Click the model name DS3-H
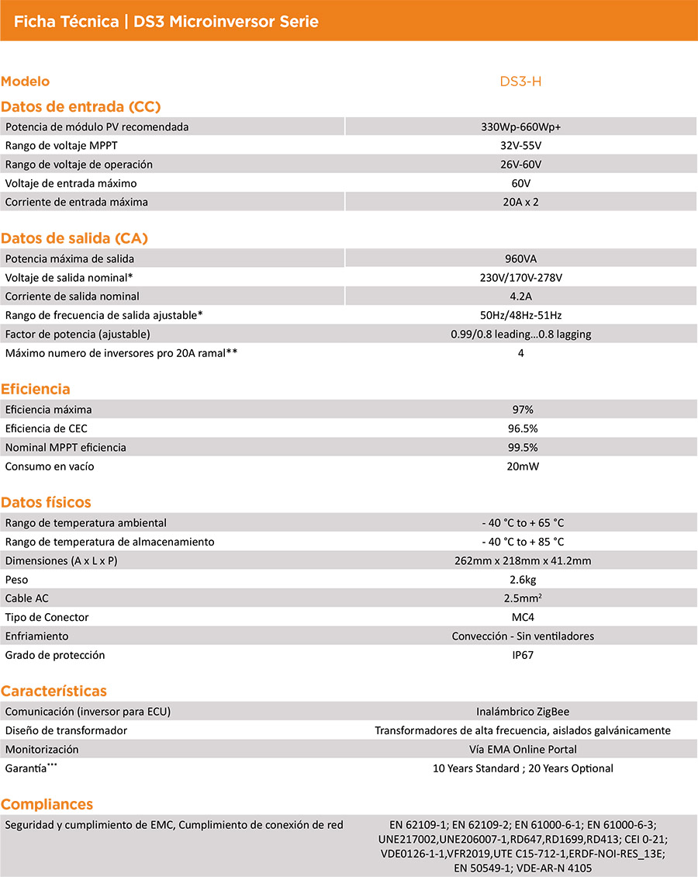520,81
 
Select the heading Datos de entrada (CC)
81,107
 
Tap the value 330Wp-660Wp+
520,127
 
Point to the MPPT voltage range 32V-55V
520,145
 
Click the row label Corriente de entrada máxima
76,202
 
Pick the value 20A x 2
520,202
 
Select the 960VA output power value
520,258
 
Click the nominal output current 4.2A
520,296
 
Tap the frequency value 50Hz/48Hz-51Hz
520,314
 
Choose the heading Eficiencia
36,389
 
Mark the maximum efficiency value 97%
520,409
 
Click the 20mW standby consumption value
520,466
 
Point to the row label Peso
17,580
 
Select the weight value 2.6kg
520,580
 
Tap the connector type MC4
520,617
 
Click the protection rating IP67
520,654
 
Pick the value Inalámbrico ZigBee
520,711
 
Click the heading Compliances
47,804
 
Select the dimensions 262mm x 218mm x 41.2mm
520,560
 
